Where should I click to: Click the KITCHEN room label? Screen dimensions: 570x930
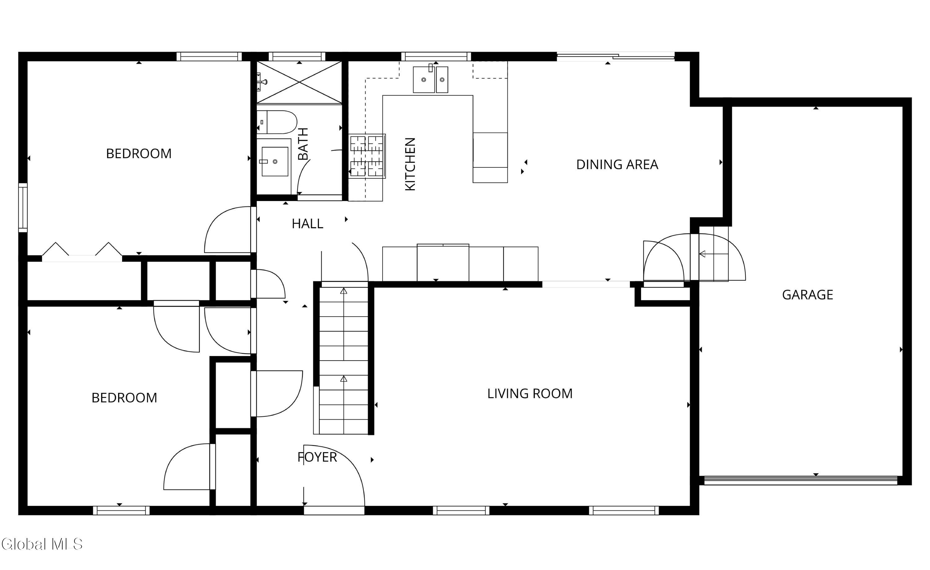(410, 164)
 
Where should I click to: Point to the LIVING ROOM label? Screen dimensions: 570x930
(529, 394)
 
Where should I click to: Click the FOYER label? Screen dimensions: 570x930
(317, 457)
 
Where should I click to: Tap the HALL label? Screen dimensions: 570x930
(307, 224)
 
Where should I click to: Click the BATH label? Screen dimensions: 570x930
(303, 144)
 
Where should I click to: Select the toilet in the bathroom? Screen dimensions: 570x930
(277, 122)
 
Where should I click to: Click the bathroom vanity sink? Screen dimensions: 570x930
(274, 162)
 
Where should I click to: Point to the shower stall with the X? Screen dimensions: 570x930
(299, 82)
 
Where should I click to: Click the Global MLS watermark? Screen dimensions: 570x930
(42, 544)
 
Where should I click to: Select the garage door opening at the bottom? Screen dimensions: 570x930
(800, 481)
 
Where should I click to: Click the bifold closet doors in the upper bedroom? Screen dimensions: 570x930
(82, 251)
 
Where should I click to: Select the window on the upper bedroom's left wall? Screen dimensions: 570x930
(23, 207)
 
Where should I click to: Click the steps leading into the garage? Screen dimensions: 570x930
(713, 254)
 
